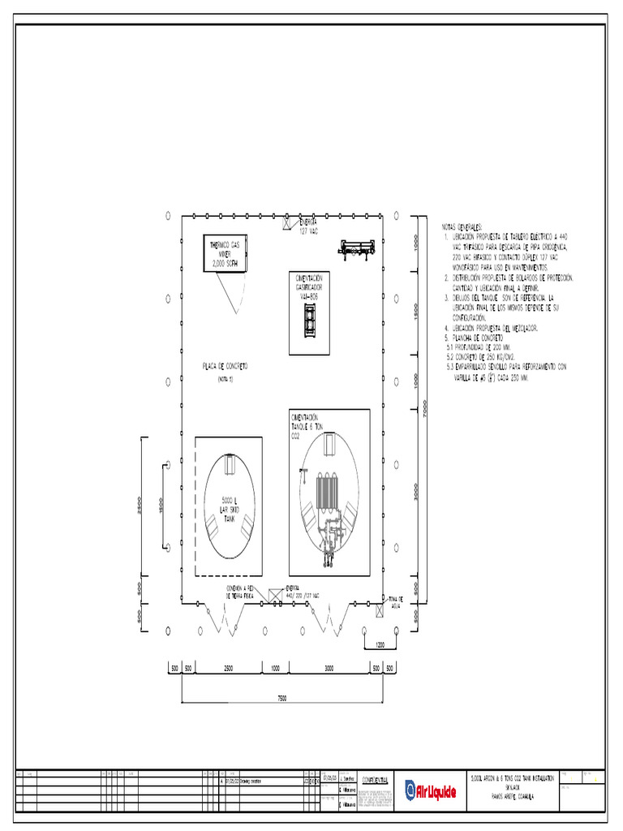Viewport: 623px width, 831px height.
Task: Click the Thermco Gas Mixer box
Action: [x=225, y=252]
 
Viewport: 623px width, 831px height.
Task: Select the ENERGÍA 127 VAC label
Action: [x=307, y=226]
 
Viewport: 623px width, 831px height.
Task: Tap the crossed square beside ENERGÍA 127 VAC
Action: [x=286, y=222]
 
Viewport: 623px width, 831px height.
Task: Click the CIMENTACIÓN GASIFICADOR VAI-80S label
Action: [x=310, y=287]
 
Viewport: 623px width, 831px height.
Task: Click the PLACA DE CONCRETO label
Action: [x=225, y=367]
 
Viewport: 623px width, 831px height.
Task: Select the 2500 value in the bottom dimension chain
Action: [x=230, y=667]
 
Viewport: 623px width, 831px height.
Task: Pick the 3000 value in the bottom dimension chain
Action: [x=328, y=667]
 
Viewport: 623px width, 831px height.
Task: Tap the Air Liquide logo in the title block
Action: [x=431, y=790]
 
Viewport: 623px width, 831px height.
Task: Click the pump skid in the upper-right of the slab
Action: [x=358, y=248]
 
